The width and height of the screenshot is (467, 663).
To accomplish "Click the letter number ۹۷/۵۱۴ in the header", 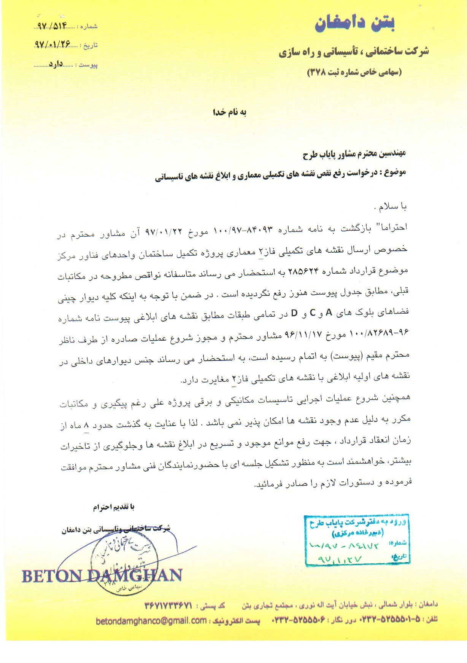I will coord(52,26).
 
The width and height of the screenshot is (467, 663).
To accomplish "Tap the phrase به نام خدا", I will coord(229,112).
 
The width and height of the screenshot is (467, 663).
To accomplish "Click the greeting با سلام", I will coord(392,207).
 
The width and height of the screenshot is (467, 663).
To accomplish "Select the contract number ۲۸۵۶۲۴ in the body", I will coord(303,272).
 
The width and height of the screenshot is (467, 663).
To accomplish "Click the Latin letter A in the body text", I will coord(329,313).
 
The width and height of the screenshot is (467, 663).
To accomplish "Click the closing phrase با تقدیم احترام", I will coord(114,507).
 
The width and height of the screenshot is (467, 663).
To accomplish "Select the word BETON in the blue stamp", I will coord(51,576).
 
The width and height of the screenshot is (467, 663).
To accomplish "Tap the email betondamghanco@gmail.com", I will coord(151,621).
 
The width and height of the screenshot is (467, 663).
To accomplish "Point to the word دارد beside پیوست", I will coord(56,64).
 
